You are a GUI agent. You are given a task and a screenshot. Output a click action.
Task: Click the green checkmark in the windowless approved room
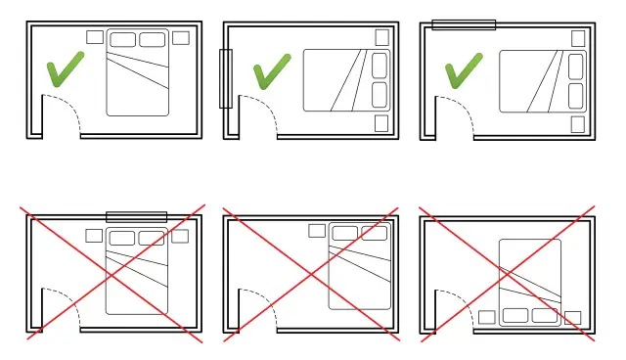click(x=64, y=70)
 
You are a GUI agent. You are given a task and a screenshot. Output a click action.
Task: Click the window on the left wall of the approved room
click(x=226, y=77)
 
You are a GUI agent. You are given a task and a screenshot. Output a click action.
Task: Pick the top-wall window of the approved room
click(x=464, y=24)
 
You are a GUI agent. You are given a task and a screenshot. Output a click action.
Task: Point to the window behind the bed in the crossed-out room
click(x=136, y=216)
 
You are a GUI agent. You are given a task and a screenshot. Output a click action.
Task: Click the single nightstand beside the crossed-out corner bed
click(x=317, y=231)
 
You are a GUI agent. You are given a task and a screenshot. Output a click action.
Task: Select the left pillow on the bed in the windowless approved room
click(x=123, y=40)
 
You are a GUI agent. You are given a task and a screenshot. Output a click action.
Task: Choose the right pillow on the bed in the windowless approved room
click(x=152, y=40)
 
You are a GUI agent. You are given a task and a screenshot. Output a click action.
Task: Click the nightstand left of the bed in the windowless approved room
click(x=95, y=37)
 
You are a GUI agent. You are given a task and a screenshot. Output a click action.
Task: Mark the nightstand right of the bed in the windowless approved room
click(x=180, y=38)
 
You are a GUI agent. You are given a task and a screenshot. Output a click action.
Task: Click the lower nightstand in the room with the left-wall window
click(x=381, y=123)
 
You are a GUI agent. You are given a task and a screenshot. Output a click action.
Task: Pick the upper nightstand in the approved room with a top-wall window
click(x=578, y=38)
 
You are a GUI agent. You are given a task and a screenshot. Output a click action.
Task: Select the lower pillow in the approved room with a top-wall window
click(x=576, y=95)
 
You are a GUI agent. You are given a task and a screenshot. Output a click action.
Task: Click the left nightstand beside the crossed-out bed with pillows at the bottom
click(x=486, y=317)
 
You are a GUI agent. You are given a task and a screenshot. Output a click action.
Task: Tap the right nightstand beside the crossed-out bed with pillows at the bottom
click(x=573, y=317)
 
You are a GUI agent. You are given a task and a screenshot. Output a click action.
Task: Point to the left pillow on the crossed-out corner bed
click(x=345, y=233)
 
